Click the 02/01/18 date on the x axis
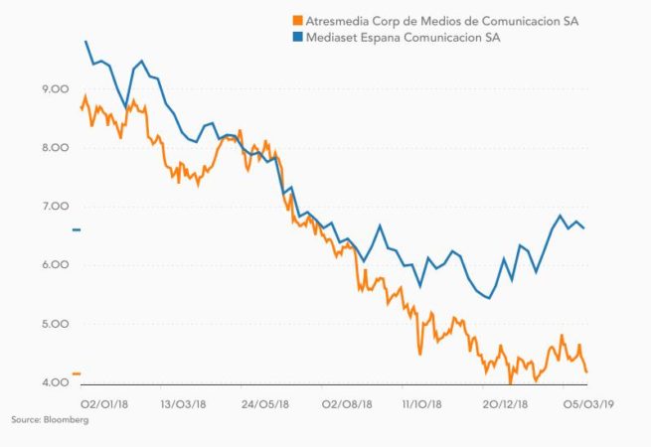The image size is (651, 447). coord(102,405)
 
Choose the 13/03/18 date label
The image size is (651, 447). coord(183,405)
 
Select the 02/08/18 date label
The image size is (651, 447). coord(346,405)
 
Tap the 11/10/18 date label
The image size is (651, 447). coord(426,405)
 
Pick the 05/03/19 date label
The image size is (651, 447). coord(590,405)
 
